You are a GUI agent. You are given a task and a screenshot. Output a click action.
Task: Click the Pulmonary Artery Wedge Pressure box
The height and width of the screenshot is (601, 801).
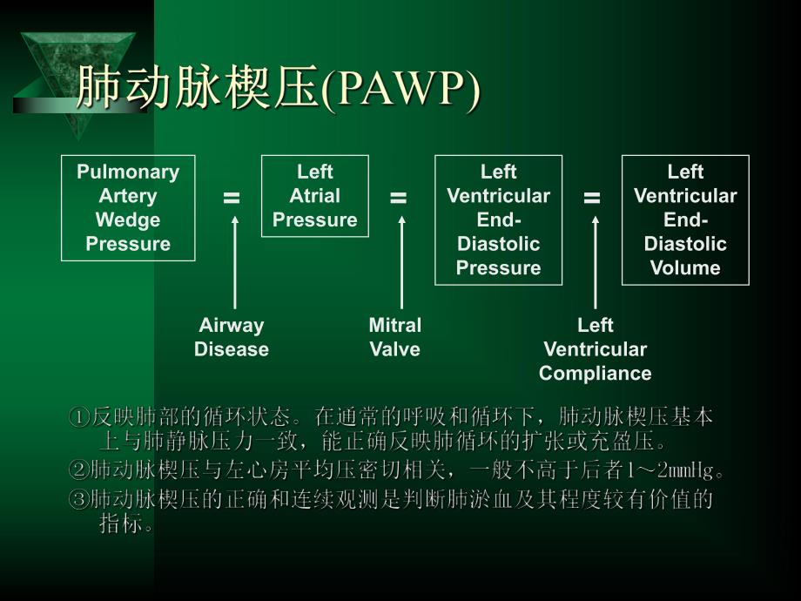(128, 208)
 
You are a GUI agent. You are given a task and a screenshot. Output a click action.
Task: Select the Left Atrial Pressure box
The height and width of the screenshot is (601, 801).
(315, 196)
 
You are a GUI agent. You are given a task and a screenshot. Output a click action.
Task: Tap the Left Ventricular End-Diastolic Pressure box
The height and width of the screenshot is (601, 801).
(498, 219)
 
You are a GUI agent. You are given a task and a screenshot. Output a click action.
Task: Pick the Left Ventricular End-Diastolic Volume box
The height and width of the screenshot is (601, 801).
(685, 219)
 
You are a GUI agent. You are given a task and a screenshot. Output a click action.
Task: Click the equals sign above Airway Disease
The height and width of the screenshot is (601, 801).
(232, 199)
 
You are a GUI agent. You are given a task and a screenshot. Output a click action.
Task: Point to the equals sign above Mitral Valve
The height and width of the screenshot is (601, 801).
(398, 199)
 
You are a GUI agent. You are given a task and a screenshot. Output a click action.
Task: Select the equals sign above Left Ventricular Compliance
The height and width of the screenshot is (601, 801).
(592, 199)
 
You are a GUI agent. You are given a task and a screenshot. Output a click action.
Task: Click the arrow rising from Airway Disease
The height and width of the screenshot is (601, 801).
(234, 261)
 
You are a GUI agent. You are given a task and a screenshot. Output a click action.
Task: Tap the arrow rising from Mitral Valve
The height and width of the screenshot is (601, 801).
(401, 261)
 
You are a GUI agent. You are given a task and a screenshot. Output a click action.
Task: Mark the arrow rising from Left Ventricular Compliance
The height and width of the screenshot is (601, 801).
(596, 261)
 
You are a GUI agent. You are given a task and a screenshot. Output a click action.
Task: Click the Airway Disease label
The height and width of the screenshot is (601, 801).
(232, 337)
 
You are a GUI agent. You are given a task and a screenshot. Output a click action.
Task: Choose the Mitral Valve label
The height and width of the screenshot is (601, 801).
(394, 337)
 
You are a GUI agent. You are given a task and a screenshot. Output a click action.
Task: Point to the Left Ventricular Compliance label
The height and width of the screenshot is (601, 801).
(595, 349)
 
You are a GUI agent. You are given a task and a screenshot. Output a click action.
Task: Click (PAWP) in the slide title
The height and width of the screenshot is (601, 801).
(401, 90)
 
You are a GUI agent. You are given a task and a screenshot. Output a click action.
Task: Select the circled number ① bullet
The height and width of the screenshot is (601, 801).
(78, 417)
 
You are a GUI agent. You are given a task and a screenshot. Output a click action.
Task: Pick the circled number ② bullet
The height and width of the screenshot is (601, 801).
(78, 471)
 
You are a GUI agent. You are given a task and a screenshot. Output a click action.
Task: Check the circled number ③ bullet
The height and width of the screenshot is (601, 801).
(78, 500)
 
